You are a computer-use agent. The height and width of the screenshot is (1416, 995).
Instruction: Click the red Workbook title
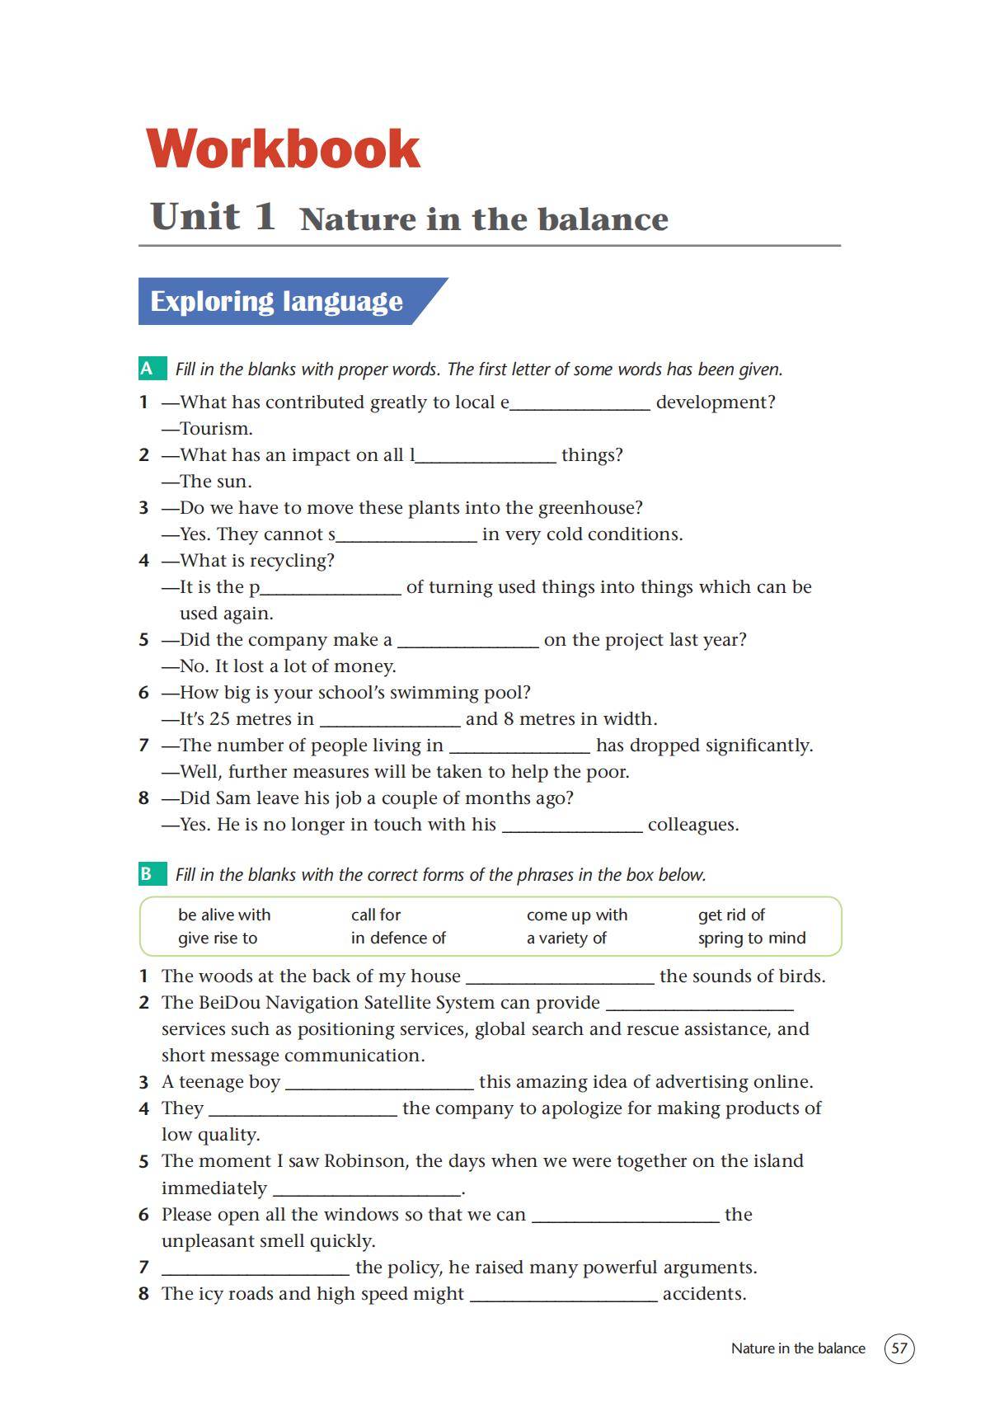[283, 148]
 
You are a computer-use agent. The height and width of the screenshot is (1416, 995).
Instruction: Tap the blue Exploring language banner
[277, 301]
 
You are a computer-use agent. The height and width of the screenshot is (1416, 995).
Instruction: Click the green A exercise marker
[148, 369]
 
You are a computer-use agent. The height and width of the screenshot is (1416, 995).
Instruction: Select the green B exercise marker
[147, 874]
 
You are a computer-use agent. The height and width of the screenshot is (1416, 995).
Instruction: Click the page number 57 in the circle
[899, 1348]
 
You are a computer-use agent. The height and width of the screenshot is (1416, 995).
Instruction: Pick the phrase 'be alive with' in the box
[224, 915]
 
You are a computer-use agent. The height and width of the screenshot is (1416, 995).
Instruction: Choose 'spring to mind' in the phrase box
[752, 938]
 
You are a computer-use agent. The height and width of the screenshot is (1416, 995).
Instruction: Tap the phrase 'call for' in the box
[376, 915]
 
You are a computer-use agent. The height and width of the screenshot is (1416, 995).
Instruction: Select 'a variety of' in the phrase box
[566, 938]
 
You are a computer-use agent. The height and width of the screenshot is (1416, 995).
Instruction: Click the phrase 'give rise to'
[218, 938]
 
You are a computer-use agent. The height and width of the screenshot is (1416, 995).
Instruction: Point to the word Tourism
[216, 429]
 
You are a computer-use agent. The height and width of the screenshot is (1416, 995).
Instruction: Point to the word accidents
[704, 1294]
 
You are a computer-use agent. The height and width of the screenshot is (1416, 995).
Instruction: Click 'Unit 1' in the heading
[213, 217]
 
